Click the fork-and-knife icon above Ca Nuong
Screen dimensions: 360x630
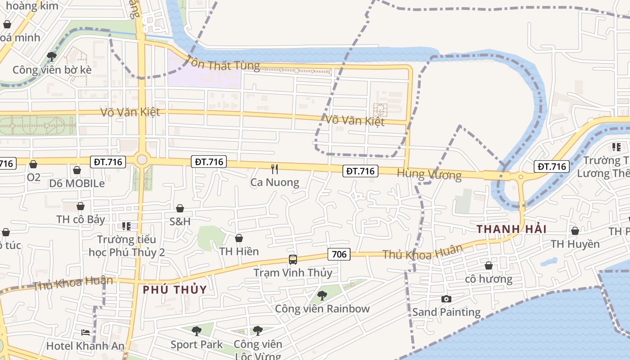point(274,169)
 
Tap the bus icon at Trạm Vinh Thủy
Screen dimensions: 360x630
point(293,260)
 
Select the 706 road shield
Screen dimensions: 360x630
point(339,254)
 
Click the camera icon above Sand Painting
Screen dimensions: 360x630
point(446,299)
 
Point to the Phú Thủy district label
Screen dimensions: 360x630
point(175,289)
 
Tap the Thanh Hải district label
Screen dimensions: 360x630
point(511,229)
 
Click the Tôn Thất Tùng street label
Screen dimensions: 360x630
point(223,63)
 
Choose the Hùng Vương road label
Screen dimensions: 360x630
point(429,174)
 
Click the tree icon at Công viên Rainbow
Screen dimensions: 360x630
point(322,296)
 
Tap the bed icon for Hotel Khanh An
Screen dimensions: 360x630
point(85,333)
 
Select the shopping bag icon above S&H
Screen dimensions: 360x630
point(180,208)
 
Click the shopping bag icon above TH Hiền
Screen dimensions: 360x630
point(239,238)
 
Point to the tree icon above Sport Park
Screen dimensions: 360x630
point(196,331)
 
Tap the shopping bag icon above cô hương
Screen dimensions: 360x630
point(489,265)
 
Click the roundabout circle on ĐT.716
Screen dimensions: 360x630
point(142,159)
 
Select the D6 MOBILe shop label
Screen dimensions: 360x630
point(77,184)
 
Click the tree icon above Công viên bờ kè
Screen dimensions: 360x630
point(52,56)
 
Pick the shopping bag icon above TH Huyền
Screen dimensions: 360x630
point(575,231)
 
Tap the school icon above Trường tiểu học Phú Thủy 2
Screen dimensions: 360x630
point(126,226)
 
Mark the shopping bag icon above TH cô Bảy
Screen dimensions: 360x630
point(81,206)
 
